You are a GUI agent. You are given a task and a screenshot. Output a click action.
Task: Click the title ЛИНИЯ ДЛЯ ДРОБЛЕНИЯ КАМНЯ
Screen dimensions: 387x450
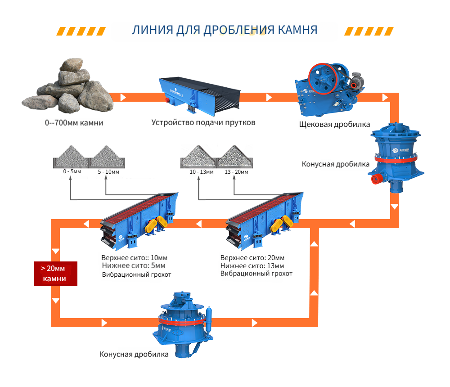coord(225,30)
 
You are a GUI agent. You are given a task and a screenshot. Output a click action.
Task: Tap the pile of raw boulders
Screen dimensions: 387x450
coord(67,88)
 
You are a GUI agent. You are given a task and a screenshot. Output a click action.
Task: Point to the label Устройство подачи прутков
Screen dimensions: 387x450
coord(203,122)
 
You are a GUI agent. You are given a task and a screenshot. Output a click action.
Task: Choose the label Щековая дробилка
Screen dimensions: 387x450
coord(334,124)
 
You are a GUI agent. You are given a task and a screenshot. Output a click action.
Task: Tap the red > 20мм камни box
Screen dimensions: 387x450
coord(56,274)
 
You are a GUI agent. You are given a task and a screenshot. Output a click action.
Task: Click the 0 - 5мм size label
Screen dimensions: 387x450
coord(72,172)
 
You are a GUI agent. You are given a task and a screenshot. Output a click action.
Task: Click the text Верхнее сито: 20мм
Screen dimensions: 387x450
coord(252,258)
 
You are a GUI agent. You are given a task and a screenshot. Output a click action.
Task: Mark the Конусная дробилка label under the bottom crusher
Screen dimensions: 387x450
coord(134,354)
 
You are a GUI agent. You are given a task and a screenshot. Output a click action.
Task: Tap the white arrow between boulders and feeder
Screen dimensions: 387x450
coord(123,97)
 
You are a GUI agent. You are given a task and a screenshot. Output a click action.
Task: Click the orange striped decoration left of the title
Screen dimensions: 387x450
coord(81,31)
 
